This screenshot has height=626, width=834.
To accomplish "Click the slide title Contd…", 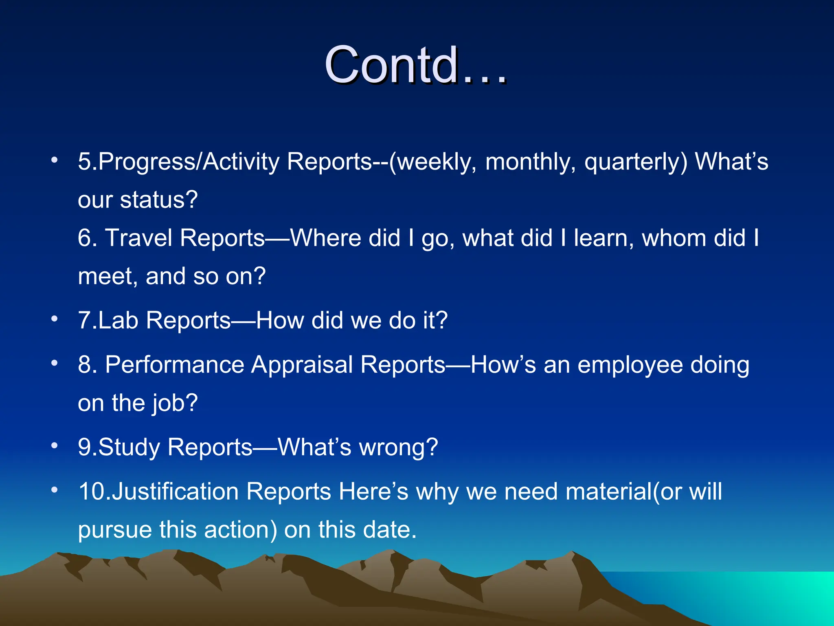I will pos(415,65).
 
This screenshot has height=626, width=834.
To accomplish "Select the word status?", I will pos(159,200).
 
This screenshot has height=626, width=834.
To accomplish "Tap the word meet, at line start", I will pos(108,277).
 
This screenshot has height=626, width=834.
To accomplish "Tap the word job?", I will pos(175,403).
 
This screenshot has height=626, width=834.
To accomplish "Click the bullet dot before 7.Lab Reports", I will pos(55,318).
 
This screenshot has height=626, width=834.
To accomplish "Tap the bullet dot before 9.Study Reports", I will pos(55,445).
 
